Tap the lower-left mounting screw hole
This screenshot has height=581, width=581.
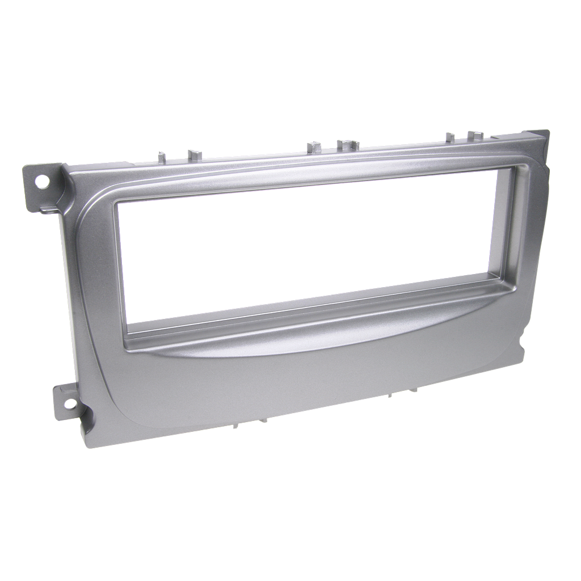pyautogui.click(x=70, y=404)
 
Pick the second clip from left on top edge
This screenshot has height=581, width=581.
pyautogui.click(x=195, y=153)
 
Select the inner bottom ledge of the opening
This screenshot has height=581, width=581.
pyautogui.click(x=318, y=309)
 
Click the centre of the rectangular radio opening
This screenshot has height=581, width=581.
pyautogui.click(x=306, y=252)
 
